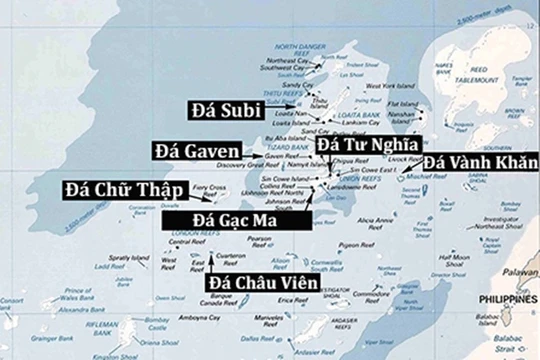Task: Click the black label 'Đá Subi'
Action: pyautogui.click(x=222, y=107)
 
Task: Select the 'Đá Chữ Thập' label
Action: pyautogui.click(x=117, y=186)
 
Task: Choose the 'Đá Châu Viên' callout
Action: pyautogui.click(x=263, y=284)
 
